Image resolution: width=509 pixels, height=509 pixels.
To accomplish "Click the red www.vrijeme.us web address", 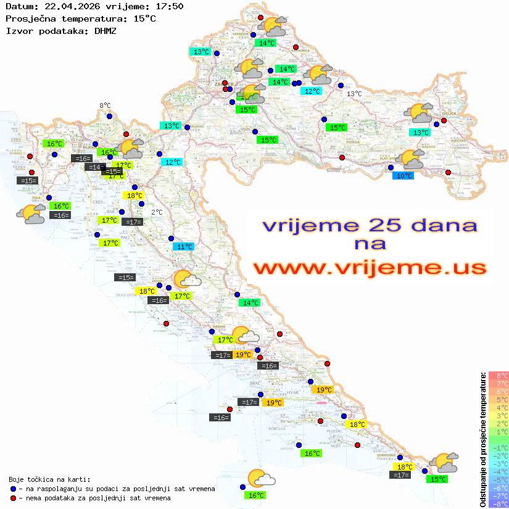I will [x=369, y=268].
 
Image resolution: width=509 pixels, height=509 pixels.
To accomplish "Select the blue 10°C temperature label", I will [x=403, y=176].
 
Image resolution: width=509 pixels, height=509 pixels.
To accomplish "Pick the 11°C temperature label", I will [x=184, y=247].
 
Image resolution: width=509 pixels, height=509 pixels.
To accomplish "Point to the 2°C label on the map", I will [x=157, y=212].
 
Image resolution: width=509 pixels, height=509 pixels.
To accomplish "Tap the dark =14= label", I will [x=94, y=167].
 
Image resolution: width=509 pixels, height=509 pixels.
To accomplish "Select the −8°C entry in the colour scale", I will [x=499, y=503].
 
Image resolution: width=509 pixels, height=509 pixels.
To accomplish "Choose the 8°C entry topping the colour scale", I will [x=499, y=376].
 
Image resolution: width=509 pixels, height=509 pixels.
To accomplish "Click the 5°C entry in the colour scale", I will [x=499, y=400].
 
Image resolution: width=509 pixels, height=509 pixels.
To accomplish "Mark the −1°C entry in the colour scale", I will [x=499, y=447].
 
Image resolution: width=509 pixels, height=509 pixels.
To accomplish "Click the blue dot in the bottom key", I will [x=13, y=489].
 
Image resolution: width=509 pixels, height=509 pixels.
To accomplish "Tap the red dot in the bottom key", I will [x=13, y=498].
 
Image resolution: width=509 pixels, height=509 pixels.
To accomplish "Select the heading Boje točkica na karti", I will [x=49, y=479].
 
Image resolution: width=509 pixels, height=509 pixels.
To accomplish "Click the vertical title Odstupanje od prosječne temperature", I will [x=482, y=439].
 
